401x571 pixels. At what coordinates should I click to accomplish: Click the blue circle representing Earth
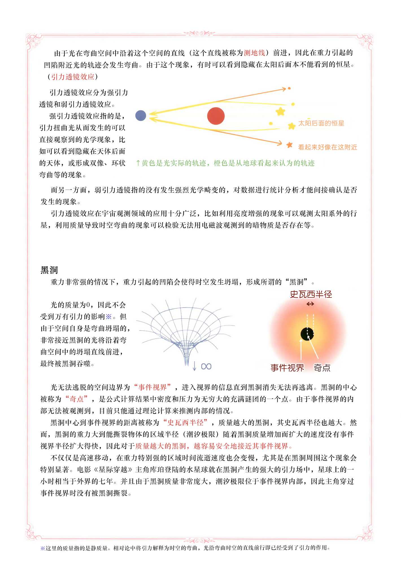click(x=141, y=115)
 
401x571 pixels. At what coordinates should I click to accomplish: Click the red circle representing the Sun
click(x=216, y=116)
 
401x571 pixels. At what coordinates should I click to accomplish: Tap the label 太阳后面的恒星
click(x=321, y=123)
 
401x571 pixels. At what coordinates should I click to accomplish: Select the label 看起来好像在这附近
click(x=328, y=147)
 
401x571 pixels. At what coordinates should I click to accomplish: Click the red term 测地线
click(x=254, y=53)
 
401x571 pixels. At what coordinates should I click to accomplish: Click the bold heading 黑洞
click(x=49, y=270)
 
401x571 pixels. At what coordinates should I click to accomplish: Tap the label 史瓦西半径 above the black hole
click(x=311, y=294)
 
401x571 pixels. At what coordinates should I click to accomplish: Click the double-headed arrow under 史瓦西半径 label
click(x=310, y=304)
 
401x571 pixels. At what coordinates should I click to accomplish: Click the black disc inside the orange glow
click(x=307, y=334)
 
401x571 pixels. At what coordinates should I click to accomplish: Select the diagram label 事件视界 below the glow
click(x=287, y=368)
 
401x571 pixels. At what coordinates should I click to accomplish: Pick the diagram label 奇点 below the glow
click(x=322, y=368)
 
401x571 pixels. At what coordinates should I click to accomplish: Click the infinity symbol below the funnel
click(x=206, y=366)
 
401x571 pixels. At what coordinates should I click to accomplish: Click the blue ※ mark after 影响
click(x=109, y=317)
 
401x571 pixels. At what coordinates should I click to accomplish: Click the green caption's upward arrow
click(x=138, y=163)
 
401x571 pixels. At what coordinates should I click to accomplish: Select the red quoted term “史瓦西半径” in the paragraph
click(x=186, y=422)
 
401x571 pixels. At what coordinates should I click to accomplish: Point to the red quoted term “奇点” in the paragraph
click(x=77, y=399)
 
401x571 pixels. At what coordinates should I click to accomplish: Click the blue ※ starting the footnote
click(x=43, y=548)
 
